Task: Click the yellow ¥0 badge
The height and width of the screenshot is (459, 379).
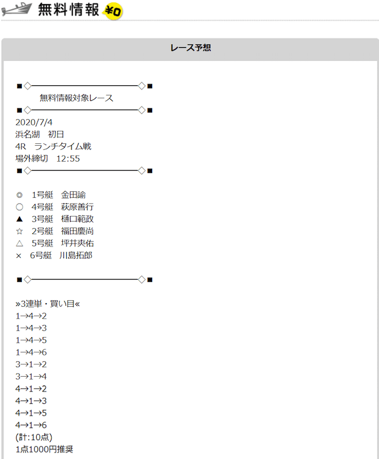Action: [x=113, y=11]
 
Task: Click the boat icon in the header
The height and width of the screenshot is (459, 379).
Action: [x=17, y=9]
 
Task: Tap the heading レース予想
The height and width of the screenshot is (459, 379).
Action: [x=191, y=48]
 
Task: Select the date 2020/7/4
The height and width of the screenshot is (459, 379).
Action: [x=34, y=122]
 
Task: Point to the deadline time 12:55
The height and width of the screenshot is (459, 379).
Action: [x=68, y=159]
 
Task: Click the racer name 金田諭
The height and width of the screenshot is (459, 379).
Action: [x=73, y=195]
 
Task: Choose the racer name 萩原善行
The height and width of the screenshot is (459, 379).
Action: [x=77, y=207]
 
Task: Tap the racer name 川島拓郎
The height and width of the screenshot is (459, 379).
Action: [x=76, y=255]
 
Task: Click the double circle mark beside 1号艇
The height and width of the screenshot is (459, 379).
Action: [x=20, y=195]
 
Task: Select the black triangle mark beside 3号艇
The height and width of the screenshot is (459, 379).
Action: [x=20, y=219]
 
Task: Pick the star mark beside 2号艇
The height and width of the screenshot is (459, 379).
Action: [x=20, y=231]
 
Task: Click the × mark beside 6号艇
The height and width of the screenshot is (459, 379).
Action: [x=19, y=256]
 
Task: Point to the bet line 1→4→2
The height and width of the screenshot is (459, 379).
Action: [x=31, y=316]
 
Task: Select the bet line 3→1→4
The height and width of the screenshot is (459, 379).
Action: [x=31, y=377]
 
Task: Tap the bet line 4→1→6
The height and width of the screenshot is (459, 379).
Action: [x=31, y=425]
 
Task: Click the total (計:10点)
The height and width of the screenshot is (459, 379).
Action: [x=34, y=437]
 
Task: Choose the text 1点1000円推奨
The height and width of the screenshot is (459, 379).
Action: [x=44, y=450]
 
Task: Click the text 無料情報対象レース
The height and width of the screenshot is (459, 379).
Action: [x=76, y=98]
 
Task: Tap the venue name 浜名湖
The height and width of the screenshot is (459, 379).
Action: [x=27, y=134]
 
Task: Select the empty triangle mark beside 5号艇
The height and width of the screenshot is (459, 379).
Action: [x=20, y=243]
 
